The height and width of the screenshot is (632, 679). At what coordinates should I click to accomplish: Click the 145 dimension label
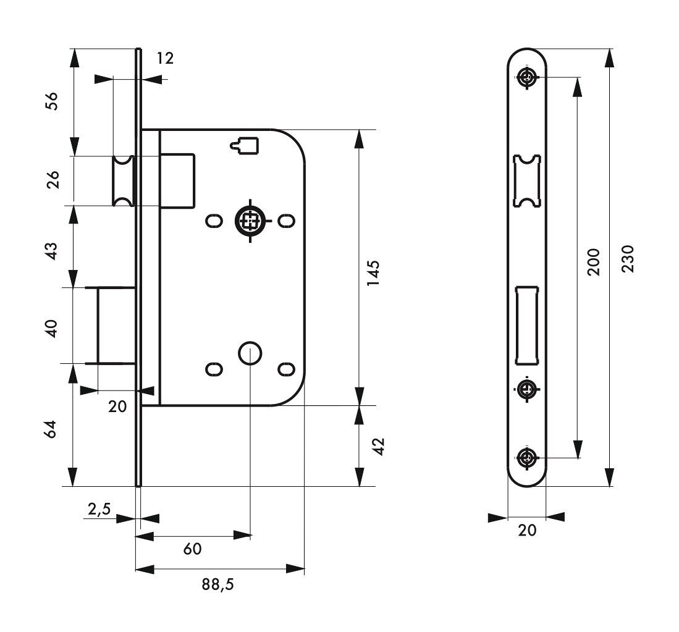coord(373,272)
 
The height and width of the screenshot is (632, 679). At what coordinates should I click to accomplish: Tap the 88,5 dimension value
coord(218,585)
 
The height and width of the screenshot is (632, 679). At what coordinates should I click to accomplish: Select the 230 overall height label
coord(628,258)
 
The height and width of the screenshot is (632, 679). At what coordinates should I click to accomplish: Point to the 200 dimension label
coord(593,262)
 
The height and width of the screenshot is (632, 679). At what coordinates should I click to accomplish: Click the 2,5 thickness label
coord(99,510)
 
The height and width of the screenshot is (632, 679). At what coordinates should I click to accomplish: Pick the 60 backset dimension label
coord(192,549)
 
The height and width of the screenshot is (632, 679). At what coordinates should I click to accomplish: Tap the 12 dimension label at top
coord(165,58)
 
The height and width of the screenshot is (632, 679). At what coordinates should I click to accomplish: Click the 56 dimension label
coord(51,101)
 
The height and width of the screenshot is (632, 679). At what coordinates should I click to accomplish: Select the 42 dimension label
coord(379,446)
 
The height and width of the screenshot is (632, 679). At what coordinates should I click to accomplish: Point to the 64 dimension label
coord(51,429)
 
